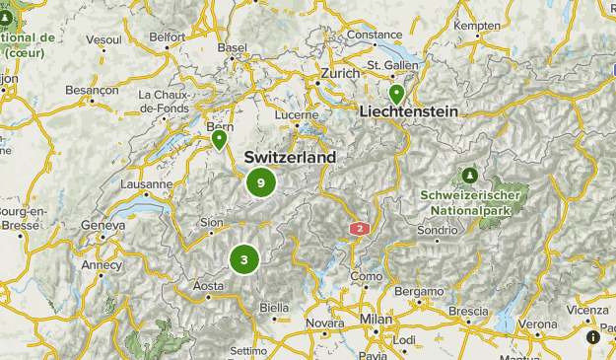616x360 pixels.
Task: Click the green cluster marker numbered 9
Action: coord(260,182)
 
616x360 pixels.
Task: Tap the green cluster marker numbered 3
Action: coord(243,259)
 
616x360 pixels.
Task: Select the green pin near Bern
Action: coord(220,140)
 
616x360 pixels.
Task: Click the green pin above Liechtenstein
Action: coord(396,94)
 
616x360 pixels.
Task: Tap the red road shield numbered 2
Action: coord(360,229)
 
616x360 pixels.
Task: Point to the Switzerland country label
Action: coord(289,158)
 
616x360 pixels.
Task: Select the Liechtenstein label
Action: coord(409,112)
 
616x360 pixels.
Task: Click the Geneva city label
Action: coord(103,225)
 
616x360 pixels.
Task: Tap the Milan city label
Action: coord(376,320)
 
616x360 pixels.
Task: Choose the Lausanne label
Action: coord(146,183)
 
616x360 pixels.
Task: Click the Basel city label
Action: coord(233,46)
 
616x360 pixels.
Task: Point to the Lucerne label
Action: coord(296,115)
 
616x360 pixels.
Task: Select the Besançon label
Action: coord(91,89)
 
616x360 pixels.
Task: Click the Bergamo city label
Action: coord(418,292)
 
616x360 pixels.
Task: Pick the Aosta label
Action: coord(208,286)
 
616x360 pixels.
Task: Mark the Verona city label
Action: coord(537,323)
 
